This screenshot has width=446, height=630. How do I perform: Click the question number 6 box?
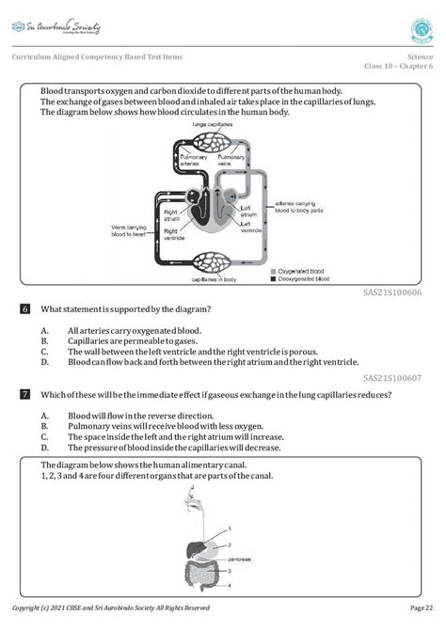pyautogui.click(x=24, y=308)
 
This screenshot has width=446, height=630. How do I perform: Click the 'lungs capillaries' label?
pyautogui.click(x=213, y=123)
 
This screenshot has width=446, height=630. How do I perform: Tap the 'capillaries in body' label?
pyautogui.click(x=215, y=279)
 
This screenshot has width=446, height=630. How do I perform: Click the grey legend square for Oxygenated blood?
pyautogui.click(x=273, y=271)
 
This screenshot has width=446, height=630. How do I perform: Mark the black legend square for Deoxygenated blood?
pyautogui.click(x=273, y=279)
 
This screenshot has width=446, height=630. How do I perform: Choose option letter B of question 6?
pyautogui.click(x=44, y=341)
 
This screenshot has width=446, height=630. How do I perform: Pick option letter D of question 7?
pyautogui.click(x=44, y=447)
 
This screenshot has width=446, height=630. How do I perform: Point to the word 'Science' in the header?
pyautogui.click(x=419, y=56)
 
